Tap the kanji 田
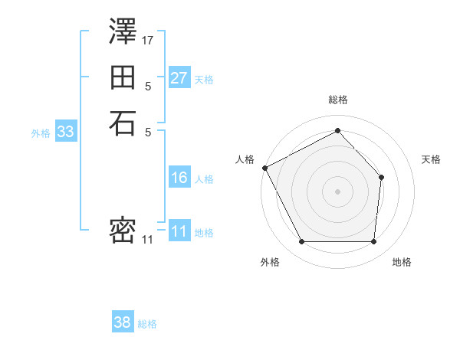pyautogui.click(x=123, y=77)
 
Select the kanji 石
pyautogui.click(x=123, y=123)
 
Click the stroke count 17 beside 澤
pyautogui.click(x=148, y=39)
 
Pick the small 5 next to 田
pyautogui.click(x=148, y=86)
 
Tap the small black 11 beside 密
pyautogui.click(x=147, y=240)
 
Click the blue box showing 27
pyautogui.click(x=179, y=78)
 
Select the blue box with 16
pyautogui.click(x=179, y=178)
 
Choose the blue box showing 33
pyautogui.click(x=65, y=132)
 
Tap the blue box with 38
pyautogui.click(x=122, y=322)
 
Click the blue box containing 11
pyautogui.click(x=179, y=231)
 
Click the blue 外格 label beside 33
pyautogui.click(x=41, y=133)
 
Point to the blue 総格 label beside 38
pyautogui.click(x=147, y=324)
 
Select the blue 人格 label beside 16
pyautogui.click(x=204, y=179)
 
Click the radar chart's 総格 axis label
pyautogui.click(x=337, y=100)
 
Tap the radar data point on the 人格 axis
pyautogui.click(x=264, y=168)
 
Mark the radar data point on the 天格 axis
pyautogui.click(x=382, y=177)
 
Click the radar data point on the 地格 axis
pyautogui.click(x=373, y=242)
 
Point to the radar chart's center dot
pyautogui.click(x=337, y=191)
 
